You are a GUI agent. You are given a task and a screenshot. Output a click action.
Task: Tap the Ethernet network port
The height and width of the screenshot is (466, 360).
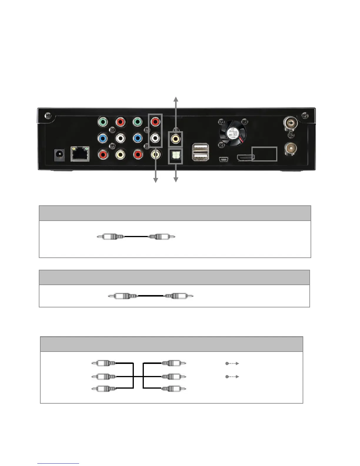[x=80, y=154]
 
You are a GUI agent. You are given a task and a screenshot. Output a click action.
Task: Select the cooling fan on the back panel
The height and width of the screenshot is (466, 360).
[x=233, y=132]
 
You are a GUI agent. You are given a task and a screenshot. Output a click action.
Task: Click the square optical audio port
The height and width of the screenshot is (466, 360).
[x=175, y=157]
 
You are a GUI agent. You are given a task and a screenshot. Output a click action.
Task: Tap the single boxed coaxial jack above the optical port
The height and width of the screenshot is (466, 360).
[x=175, y=139]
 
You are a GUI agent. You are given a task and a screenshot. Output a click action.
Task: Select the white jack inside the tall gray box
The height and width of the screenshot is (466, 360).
[x=155, y=138]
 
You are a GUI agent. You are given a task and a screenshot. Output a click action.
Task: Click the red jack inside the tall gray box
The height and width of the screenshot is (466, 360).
[x=155, y=122]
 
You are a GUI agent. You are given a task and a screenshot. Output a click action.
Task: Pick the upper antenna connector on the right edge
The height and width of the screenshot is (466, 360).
[x=290, y=122]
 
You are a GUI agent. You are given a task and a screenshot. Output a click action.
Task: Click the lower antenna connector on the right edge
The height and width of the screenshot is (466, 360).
[x=290, y=149]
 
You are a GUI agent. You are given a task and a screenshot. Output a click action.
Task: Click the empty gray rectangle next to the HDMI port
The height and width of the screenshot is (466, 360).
[x=264, y=154]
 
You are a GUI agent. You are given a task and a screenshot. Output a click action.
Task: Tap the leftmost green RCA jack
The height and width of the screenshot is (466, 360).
[x=103, y=122]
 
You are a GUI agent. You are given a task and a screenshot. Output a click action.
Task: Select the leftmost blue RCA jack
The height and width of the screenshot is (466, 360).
[x=103, y=138]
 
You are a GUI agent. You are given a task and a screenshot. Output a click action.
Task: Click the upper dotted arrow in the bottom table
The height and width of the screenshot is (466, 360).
[x=232, y=363]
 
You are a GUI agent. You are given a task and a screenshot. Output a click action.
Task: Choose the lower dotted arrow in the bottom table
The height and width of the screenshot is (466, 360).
[x=232, y=377]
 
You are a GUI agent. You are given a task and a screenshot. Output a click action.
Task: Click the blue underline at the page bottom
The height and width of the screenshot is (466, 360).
[x=58, y=463]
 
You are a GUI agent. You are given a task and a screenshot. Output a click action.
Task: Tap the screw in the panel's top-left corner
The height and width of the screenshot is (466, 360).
[x=47, y=116]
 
